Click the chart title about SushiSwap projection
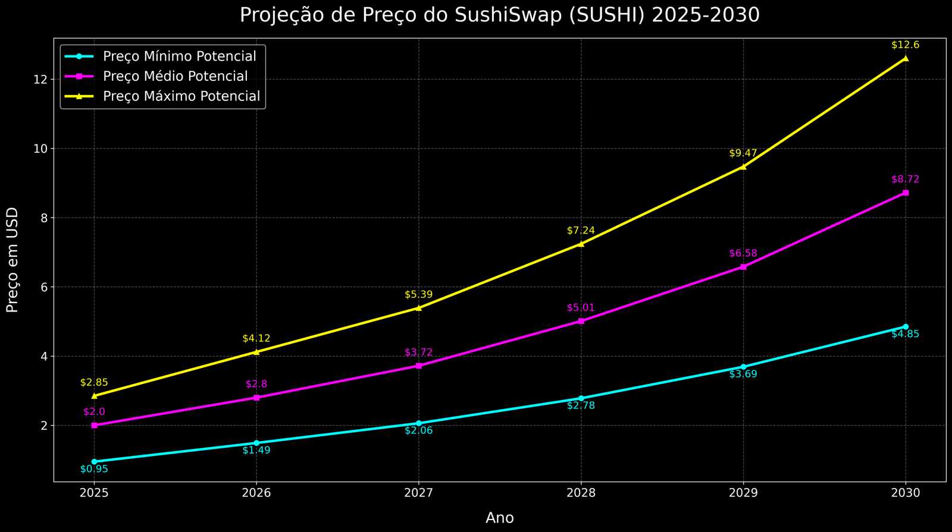point(499,15)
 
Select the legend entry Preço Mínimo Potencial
point(179,56)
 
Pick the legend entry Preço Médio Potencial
point(175,76)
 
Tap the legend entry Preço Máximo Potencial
point(181,96)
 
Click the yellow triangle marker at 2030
point(906,58)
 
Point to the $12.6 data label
point(906,45)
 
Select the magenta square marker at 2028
point(581,321)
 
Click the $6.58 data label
point(743,254)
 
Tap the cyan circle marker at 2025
point(94,462)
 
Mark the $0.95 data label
point(94,469)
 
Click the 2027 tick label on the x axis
point(418,493)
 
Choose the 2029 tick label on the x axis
point(743,493)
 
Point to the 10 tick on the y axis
point(40,149)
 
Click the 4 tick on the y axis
point(43,356)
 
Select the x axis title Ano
point(500,518)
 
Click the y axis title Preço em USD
point(12,260)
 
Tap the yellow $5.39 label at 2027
point(418,295)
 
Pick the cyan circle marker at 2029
point(743,367)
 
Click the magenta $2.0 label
point(94,411)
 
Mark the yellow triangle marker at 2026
point(256,352)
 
